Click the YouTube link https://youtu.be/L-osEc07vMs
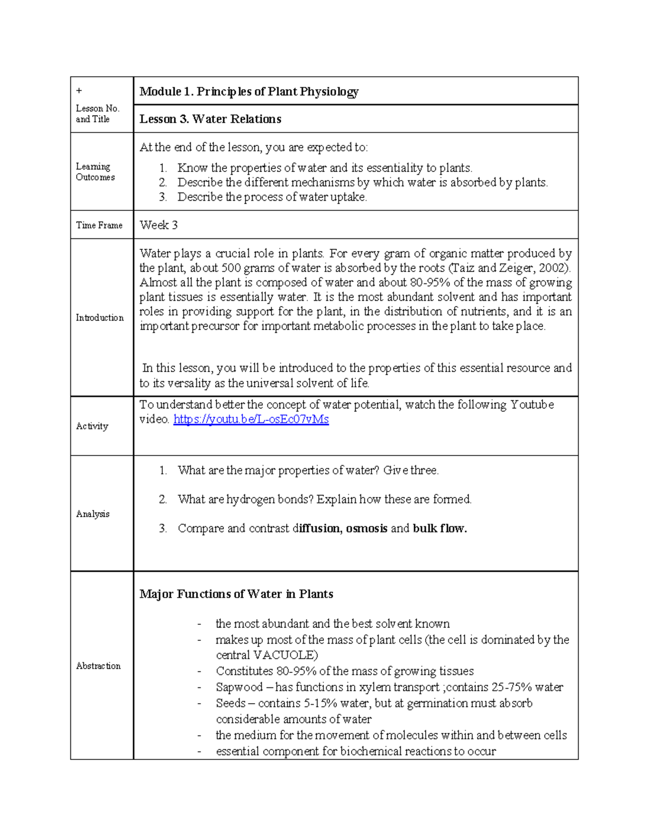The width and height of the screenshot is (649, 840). pyautogui.click(x=251, y=419)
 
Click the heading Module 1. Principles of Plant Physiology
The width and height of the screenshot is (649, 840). pyautogui.click(x=249, y=91)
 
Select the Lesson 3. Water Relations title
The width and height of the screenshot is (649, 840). pyautogui.click(x=210, y=119)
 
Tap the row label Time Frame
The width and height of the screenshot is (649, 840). pyautogui.click(x=99, y=225)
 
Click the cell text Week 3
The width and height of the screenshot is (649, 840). pyautogui.click(x=158, y=225)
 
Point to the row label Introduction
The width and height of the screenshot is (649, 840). pyautogui.click(x=100, y=318)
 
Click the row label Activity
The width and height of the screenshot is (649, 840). pyautogui.click(x=92, y=426)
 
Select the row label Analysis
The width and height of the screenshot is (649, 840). pyautogui.click(x=92, y=514)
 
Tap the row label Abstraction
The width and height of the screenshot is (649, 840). pyautogui.click(x=98, y=666)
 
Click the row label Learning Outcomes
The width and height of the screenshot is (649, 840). pyautogui.click(x=95, y=172)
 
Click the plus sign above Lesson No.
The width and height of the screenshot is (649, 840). pyautogui.click(x=78, y=90)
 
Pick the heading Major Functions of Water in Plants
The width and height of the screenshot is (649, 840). pyautogui.click(x=236, y=594)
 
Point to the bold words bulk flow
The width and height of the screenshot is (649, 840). pyautogui.click(x=439, y=528)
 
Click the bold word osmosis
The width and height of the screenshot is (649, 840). pyautogui.click(x=366, y=528)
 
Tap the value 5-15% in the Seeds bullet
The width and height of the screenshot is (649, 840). pyautogui.click(x=309, y=703)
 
